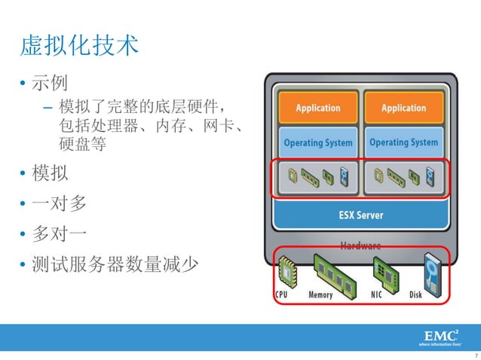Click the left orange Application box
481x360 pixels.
(317, 108)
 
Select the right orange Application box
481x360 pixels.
(403, 108)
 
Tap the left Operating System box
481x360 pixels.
(317, 142)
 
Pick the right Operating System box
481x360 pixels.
(403, 142)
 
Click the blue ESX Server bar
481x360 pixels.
(360, 215)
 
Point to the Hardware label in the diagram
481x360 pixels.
(360, 246)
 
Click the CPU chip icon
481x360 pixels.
(286, 271)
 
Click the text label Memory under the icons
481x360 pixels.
(320, 294)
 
